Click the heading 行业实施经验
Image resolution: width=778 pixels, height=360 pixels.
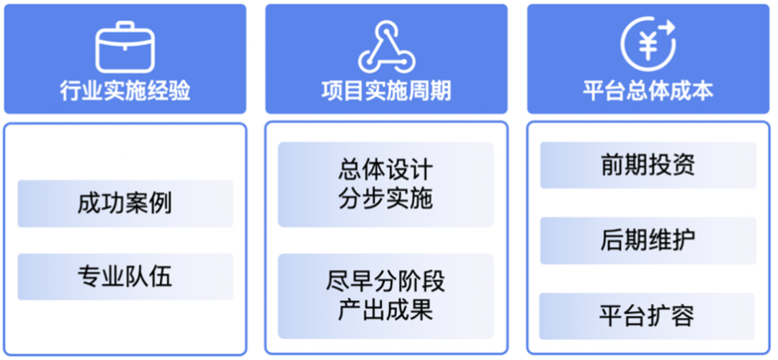[x=125, y=91]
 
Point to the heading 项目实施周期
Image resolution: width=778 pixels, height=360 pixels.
[x=386, y=91]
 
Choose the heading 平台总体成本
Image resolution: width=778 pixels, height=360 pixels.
[x=648, y=91]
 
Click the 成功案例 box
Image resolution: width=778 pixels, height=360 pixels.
[x=125, y=204]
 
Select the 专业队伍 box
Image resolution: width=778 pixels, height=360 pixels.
[x=125, y=276]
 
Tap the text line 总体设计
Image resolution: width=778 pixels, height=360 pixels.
[x=386, y=171]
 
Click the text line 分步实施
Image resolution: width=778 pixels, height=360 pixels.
[x=386, y=198]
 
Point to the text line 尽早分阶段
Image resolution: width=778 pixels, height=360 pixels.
[x=386, y=282]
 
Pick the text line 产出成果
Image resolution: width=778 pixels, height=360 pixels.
[x=386, y=310]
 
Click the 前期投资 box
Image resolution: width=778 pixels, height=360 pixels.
[x=648, y=165]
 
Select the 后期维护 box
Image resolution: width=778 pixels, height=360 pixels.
[x=648, y=240]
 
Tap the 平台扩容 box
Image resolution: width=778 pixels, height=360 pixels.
[x=648, y=316]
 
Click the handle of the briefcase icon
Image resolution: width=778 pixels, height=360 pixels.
[x=125, y=27]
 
